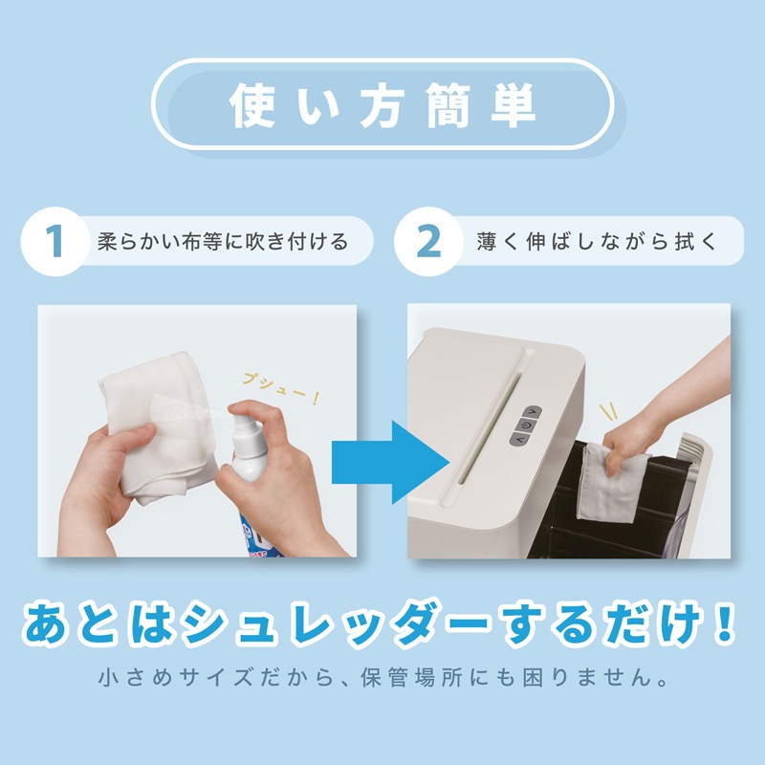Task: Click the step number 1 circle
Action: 55,241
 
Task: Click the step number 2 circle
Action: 428,241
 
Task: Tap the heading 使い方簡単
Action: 382,105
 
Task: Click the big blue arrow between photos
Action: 390,462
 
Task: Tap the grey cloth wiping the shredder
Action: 612,482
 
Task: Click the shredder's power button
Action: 525,426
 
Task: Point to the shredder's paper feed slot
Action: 490,428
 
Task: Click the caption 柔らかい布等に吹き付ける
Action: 223,242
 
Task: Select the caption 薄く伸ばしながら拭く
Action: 596,242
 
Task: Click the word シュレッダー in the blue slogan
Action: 334,624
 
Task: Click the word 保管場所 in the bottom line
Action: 411,678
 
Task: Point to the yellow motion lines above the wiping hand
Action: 608,412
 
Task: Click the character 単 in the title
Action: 514,105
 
